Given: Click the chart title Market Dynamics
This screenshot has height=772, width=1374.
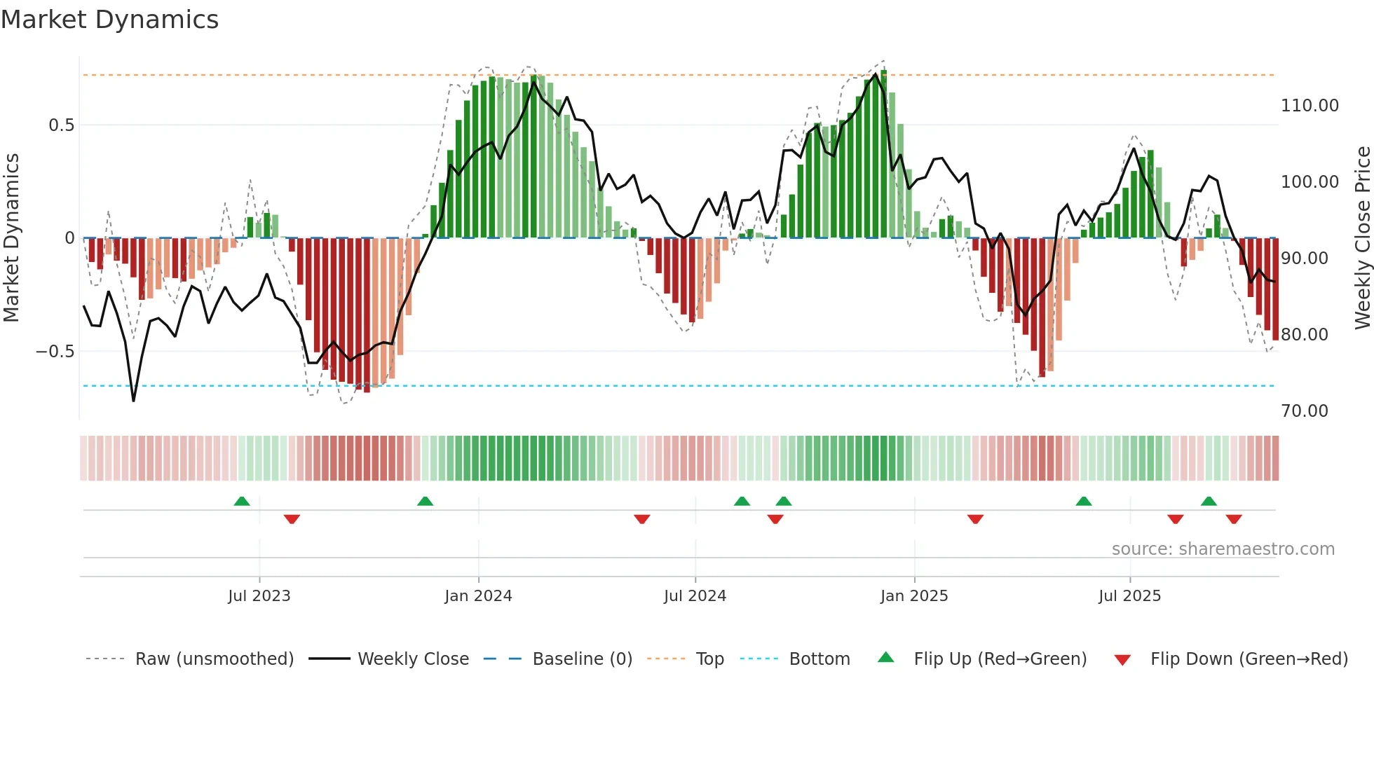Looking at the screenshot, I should pos(109,20).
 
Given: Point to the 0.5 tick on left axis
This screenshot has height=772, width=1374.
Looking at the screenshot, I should pos(61,125).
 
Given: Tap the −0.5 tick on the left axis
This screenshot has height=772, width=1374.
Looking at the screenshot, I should pos(55,352).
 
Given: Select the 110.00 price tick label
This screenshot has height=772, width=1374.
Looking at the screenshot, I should pos(1310,106).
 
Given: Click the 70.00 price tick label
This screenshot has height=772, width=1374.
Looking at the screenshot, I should pos(1304,411).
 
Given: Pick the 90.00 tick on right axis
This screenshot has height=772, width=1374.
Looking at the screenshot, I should pos(1304,259).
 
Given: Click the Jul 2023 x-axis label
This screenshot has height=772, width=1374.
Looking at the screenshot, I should pos(259,596).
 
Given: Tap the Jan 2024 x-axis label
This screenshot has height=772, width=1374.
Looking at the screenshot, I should pos(478,596).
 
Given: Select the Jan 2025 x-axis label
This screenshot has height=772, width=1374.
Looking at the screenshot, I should pos(914,596).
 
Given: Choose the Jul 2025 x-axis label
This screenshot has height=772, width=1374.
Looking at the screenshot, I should pos(1129,596).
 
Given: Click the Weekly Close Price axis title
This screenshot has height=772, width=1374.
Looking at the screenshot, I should pos(1362,237).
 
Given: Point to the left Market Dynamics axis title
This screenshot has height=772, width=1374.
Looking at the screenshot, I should pos(11,237).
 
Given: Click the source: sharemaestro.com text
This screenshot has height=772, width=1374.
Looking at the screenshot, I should pos(1223,549).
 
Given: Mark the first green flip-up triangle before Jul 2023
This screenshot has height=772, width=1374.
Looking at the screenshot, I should pos(242,501).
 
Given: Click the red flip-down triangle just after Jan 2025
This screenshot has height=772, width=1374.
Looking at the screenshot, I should pos(975,519).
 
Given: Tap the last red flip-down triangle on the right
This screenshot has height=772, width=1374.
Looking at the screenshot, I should pos(1234,519).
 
